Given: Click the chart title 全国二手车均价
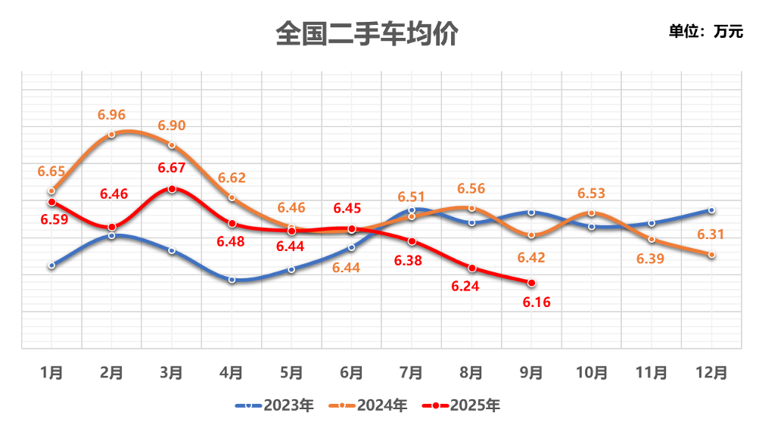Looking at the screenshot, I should (367, 34).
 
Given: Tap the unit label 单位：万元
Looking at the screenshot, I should (705, 32).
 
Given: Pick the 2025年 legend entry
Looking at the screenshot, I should (463, 405).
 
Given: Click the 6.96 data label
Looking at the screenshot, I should (111, 115).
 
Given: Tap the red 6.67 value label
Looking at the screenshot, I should (172, 167).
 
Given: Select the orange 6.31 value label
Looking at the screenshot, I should (711, 234).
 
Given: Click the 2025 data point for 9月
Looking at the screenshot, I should (531, 283).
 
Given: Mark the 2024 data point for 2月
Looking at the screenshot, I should (111, 135).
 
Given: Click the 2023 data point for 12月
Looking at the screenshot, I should (712, 210).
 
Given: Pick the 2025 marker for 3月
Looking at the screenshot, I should (172, 189).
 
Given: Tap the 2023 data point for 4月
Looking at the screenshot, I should (232, 280).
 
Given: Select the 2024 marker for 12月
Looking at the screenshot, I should (712, 255).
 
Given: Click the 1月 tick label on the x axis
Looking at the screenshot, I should (51, 372).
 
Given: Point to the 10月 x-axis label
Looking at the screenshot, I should (592, 372).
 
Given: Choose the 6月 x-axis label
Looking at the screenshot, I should (352, 372).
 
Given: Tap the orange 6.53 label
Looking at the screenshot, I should (592, 194).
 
